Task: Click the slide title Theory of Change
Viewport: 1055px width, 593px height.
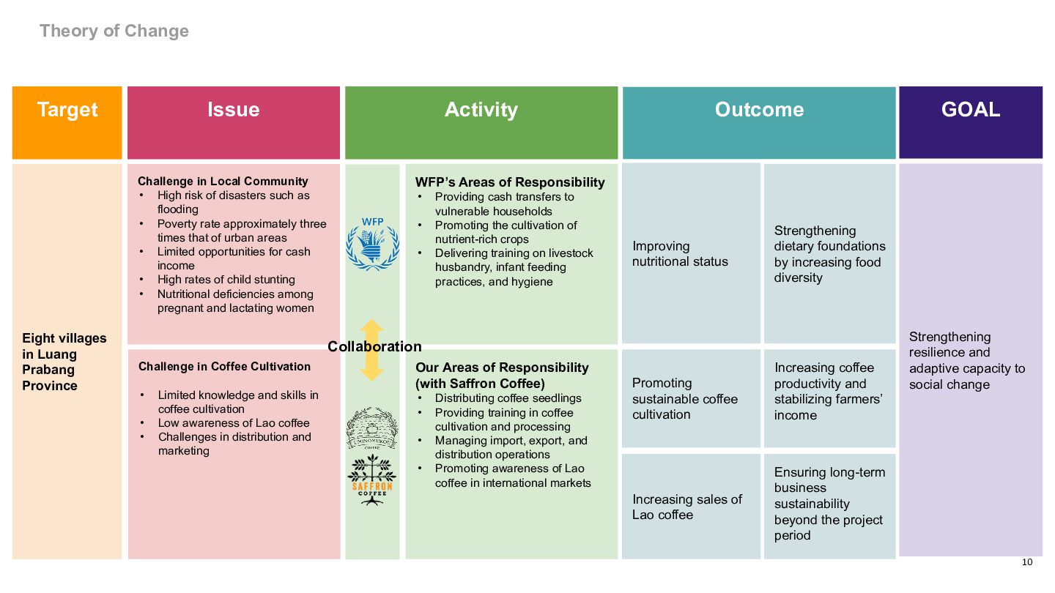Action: (114, 31)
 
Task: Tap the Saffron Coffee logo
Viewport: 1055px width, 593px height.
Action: (372, 480)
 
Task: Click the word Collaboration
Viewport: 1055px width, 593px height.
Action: (374, 346)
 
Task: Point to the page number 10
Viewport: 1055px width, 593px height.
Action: (1026, 562)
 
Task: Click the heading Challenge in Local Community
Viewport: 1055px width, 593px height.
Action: (223, 181)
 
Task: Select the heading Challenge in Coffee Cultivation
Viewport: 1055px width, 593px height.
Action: (224, 366)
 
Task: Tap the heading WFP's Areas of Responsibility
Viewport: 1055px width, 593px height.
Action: (510, 182)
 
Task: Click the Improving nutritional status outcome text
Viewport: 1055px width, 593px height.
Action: (680, 253)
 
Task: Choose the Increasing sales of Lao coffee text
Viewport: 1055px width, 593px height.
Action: (686, 507)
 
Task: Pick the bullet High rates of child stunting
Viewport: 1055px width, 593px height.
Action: (226, 280)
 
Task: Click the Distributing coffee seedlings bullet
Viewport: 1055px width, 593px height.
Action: (508, 398)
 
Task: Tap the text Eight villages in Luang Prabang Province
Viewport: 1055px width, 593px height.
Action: (64, 362)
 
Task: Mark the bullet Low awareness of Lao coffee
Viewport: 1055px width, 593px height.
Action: (233, 423)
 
